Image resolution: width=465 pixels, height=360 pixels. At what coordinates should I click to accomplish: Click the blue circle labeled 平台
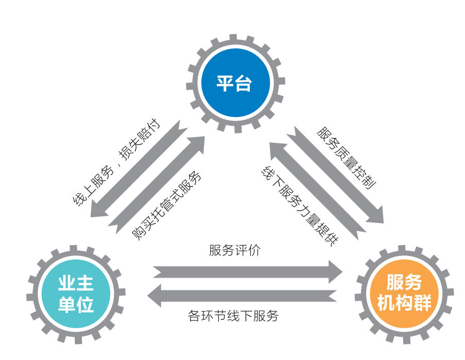(235, 83)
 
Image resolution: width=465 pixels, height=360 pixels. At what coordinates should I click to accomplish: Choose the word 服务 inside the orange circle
(404, 282)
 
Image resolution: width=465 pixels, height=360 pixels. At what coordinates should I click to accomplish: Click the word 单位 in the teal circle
(76, 305)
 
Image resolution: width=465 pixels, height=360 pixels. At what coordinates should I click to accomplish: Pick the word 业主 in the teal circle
(76, 284)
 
